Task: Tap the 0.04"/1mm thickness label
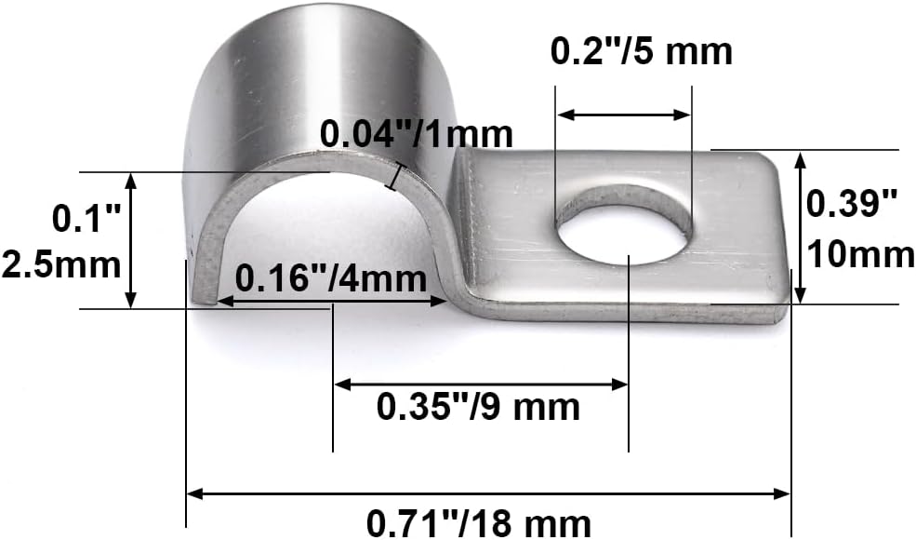(416, 135)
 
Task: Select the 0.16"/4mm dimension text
(331, 278)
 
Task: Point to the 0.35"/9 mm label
(478, 407)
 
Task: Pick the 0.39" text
(851, 204)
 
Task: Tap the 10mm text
(860, 255)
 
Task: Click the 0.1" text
(86, 219)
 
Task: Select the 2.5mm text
(60, 265)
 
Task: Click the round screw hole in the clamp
(623, 224)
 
